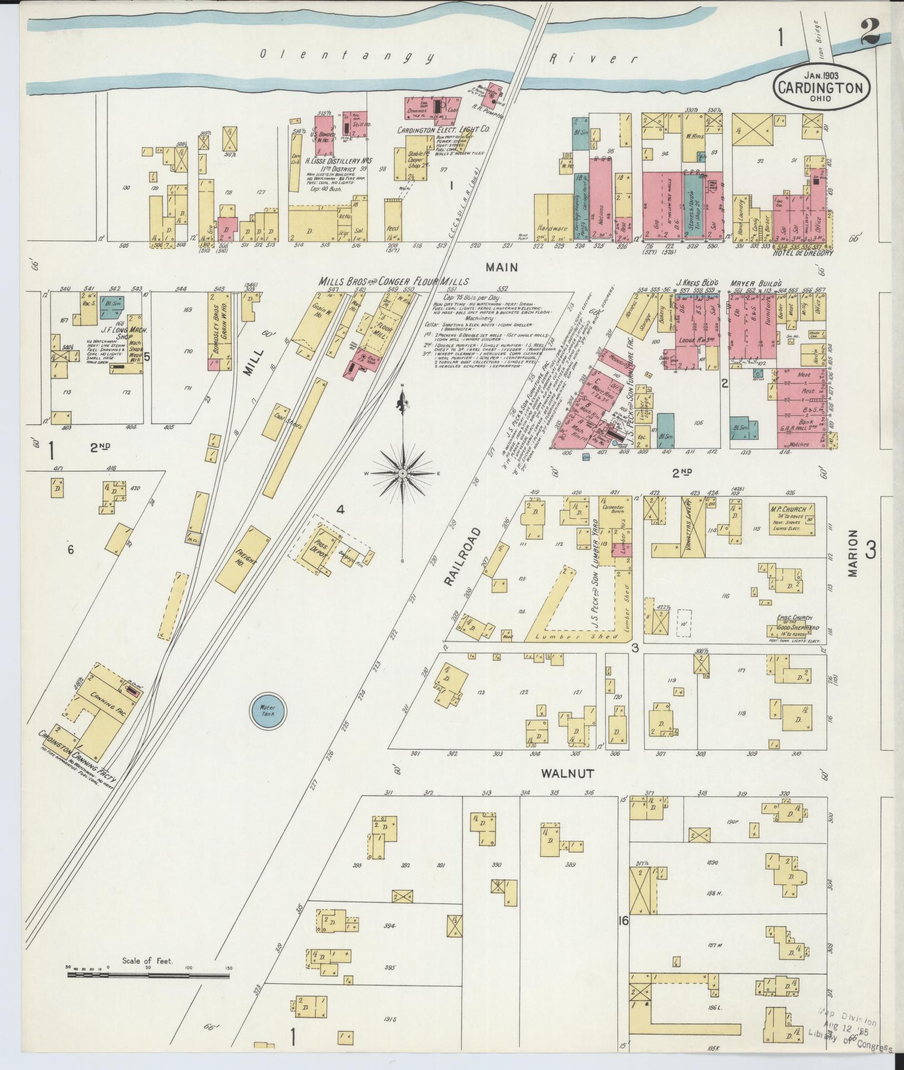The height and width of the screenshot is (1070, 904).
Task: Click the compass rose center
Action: click(x=402, y=473)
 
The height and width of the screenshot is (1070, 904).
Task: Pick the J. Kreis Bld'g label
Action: click(x=697, y=283)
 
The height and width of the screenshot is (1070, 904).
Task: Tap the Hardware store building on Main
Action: click(x=553, y=228)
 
